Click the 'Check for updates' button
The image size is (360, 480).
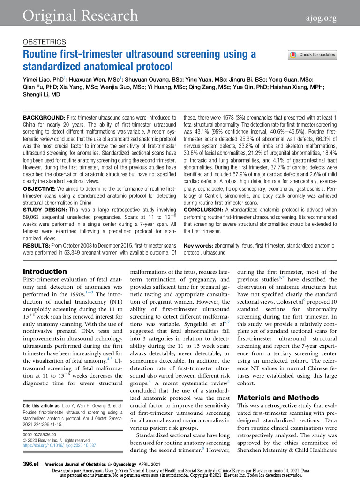pyautogui.click(x=313, y=55)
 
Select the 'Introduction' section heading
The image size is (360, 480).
pyautogui.click(x=45, y=271)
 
